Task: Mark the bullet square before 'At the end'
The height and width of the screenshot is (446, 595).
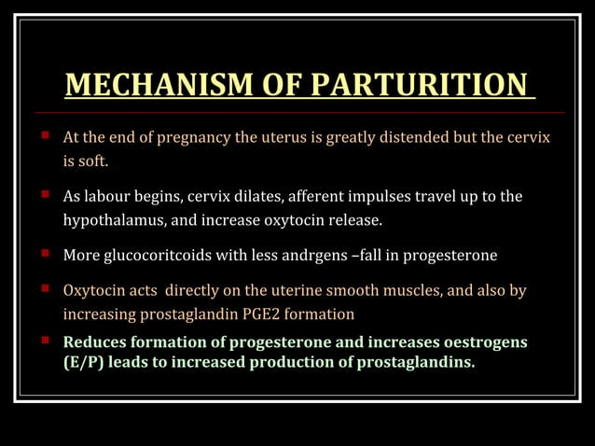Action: coord(43,138)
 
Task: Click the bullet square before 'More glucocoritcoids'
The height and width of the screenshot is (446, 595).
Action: coord(43,255)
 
